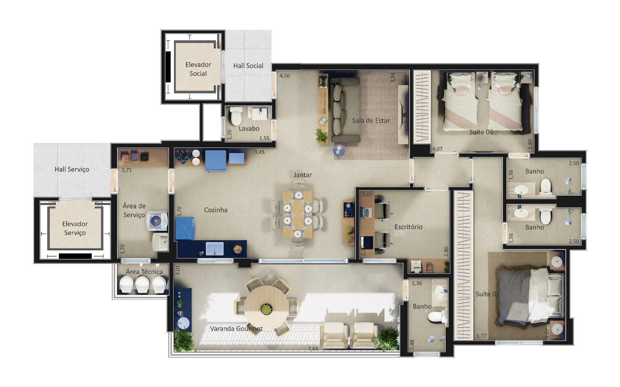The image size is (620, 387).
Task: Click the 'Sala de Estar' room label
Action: point(371,120)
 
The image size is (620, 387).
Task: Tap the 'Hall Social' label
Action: point(248,66)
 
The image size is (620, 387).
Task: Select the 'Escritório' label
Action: point(408,227)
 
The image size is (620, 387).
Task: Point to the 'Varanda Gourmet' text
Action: point(236,329)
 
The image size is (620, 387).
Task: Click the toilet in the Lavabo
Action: point(236,116)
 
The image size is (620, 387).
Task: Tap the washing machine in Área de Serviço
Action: point(157,221)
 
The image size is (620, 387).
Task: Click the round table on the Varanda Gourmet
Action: point(266,307)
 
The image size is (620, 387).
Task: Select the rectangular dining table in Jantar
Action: point(298,214)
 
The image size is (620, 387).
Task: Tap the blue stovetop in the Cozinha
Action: point(185,228)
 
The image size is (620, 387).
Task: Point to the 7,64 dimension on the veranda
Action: point(313,349)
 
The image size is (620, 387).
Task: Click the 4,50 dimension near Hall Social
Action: point(284,76)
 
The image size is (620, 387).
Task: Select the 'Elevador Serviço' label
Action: point(75,228)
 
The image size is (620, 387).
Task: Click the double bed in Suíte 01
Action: point(530,296)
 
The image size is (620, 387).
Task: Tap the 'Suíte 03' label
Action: point(481,132)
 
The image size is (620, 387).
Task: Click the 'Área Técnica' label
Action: point(144,272)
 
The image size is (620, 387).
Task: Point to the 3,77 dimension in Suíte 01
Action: point(481,336)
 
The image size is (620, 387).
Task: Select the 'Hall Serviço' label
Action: point(72,169)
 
